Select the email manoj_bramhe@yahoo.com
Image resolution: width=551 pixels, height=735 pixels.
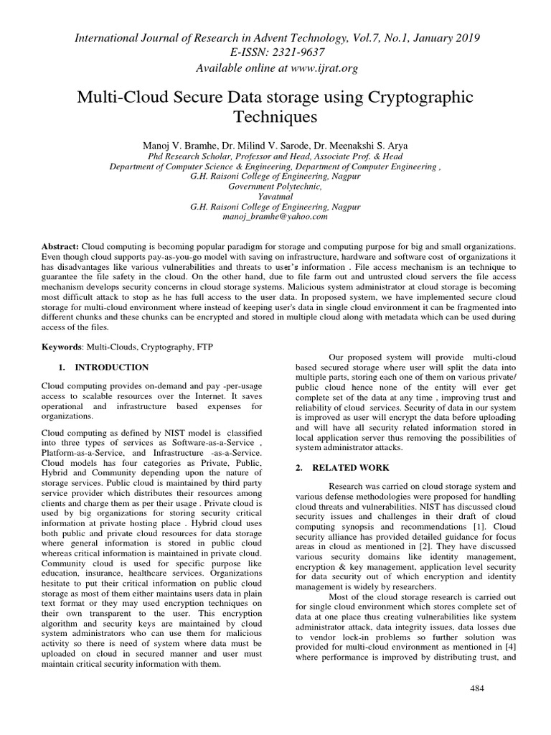(275, 215)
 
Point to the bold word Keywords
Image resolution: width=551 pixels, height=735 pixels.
(63, 347)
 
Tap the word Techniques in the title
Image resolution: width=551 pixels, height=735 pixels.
(275, 115)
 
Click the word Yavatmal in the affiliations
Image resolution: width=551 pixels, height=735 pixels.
(275, 195)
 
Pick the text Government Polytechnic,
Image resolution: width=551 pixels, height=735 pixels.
(275, 185)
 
